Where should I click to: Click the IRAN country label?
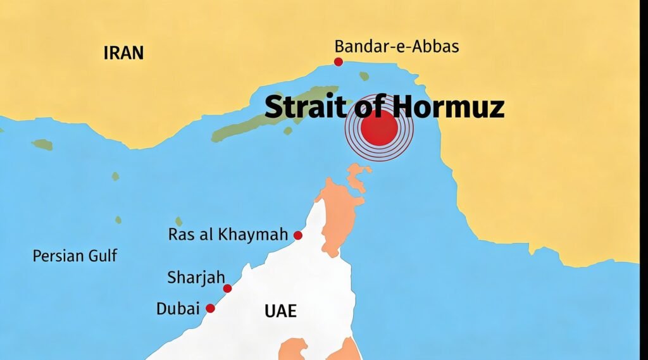[123, 53]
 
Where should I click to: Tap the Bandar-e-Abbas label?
[397, 46]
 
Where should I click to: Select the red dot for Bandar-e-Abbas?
[339, 61]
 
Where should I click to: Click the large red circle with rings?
[379, 129]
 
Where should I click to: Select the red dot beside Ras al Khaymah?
[298, 235]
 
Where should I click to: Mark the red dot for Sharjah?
[227, 289]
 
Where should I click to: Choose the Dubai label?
[178, 309]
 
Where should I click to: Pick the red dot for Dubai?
[211, 308]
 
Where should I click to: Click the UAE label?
[280, 311]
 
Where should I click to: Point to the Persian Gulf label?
[75, 256]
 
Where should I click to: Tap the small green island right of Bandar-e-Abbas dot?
[364, 76]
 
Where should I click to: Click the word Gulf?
[103, 256]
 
